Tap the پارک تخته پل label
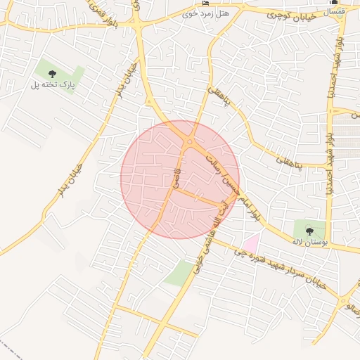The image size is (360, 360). coord(52,84)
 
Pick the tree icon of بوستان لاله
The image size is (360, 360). coord(309,230)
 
